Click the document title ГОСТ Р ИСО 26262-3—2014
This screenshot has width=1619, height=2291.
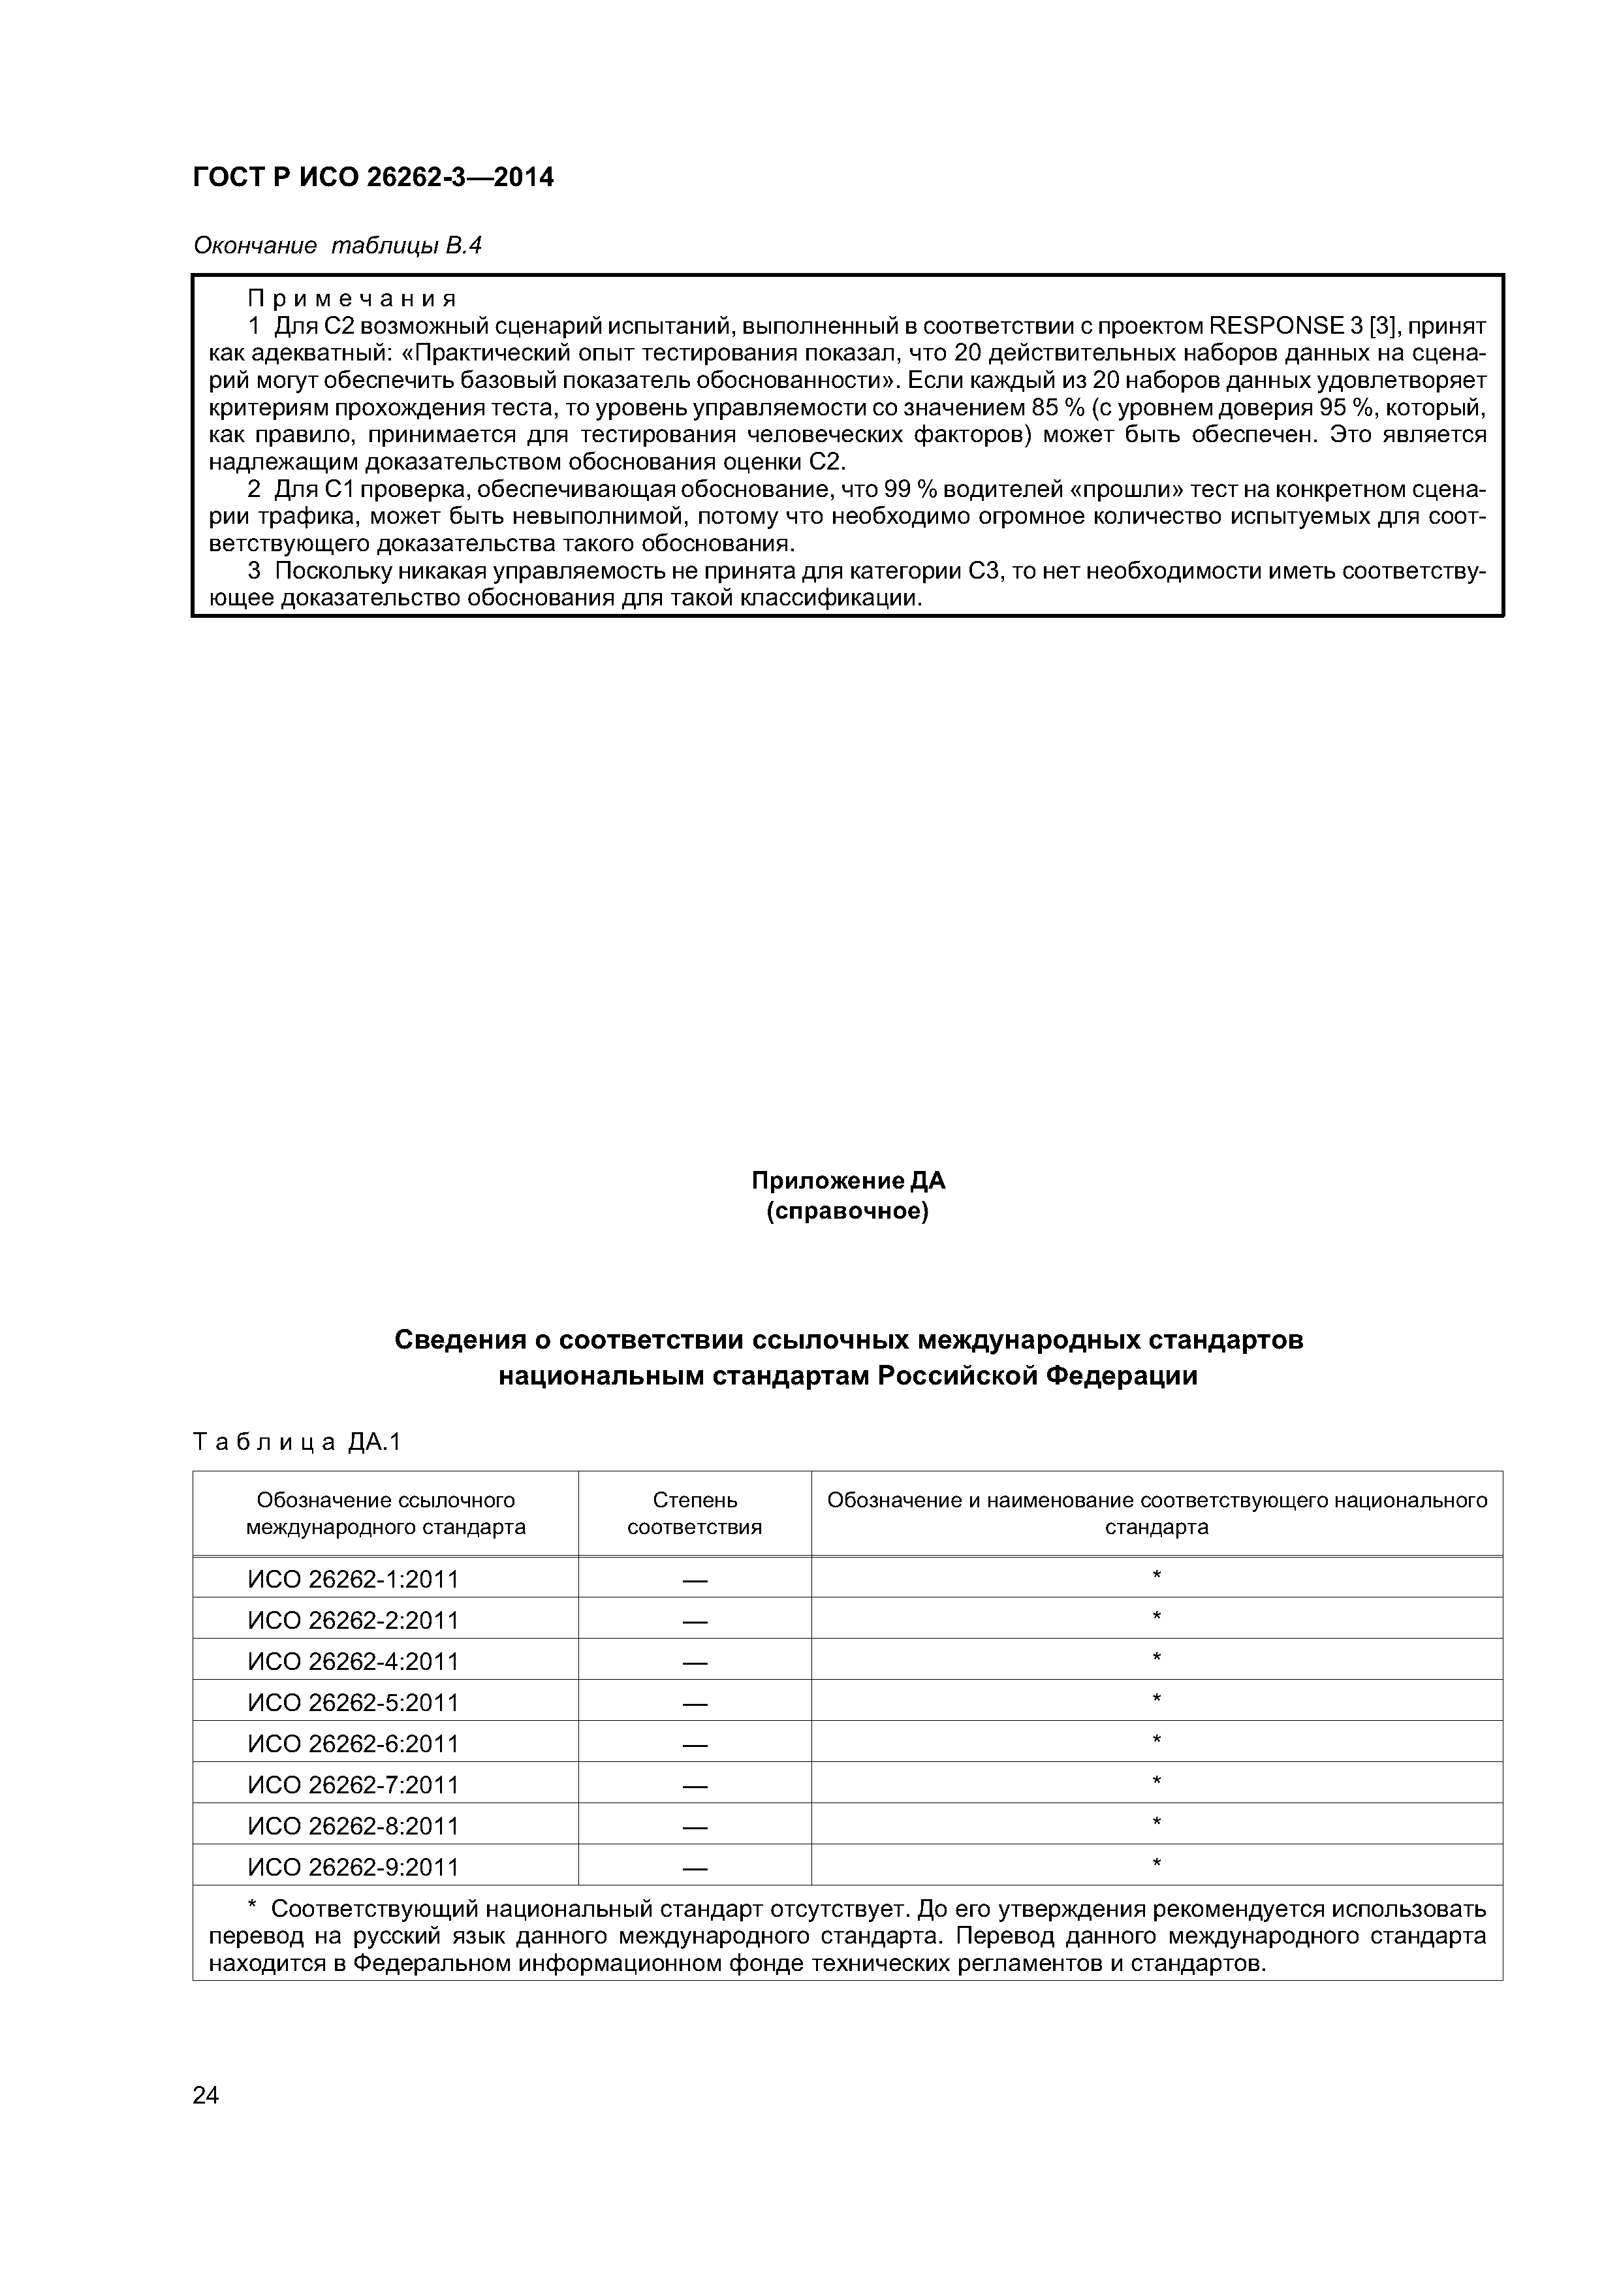point(373,178)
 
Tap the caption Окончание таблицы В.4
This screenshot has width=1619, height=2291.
point(337,246)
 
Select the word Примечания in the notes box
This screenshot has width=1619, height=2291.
point(352,298)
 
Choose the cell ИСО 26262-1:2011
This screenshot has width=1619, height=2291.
point(353,1580)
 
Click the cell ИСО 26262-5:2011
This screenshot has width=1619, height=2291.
point(353,1703)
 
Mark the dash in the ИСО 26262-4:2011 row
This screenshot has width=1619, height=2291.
point(695,1662)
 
